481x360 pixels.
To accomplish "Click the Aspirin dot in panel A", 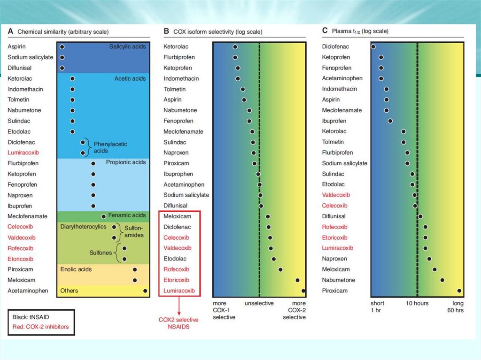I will [x=62, y=47].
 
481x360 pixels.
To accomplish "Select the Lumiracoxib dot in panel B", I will [x=303, y=291].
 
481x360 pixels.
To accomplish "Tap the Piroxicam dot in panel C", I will [x=459, y=291].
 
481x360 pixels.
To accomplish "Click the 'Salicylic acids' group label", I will [x=127, y=47].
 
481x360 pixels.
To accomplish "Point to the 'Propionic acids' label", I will [x=126, y=162].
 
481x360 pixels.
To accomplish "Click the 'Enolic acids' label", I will [x=76, y=269].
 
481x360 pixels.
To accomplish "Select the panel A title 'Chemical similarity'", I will [x=63, y=32].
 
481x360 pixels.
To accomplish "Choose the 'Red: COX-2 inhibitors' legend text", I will [x=41, y=327].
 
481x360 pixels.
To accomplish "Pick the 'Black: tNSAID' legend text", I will [x=31, y=317].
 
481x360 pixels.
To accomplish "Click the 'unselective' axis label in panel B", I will [x=259, y=304].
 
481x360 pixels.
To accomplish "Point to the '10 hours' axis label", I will [x=417, y=303].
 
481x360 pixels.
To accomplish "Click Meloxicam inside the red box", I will [x=177, y=216].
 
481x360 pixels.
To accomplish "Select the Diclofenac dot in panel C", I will [x=373, y=47].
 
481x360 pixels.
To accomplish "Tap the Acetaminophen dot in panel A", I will [x=145, y=291].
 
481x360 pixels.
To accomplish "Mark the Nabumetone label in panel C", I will [x=338, y=280].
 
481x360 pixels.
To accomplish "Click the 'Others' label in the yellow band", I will [x=69, y=291].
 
